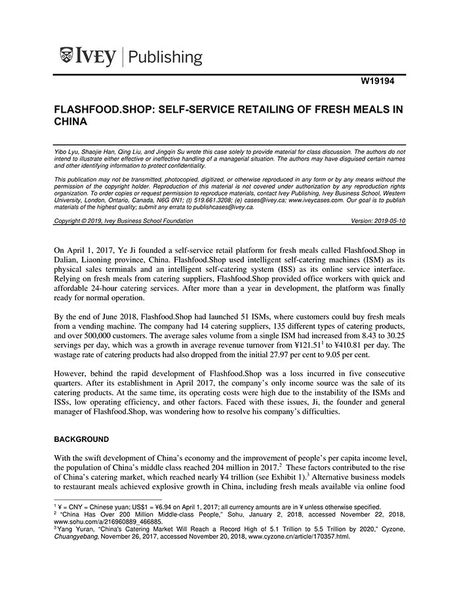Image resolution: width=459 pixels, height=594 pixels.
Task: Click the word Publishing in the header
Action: point(167,57)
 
